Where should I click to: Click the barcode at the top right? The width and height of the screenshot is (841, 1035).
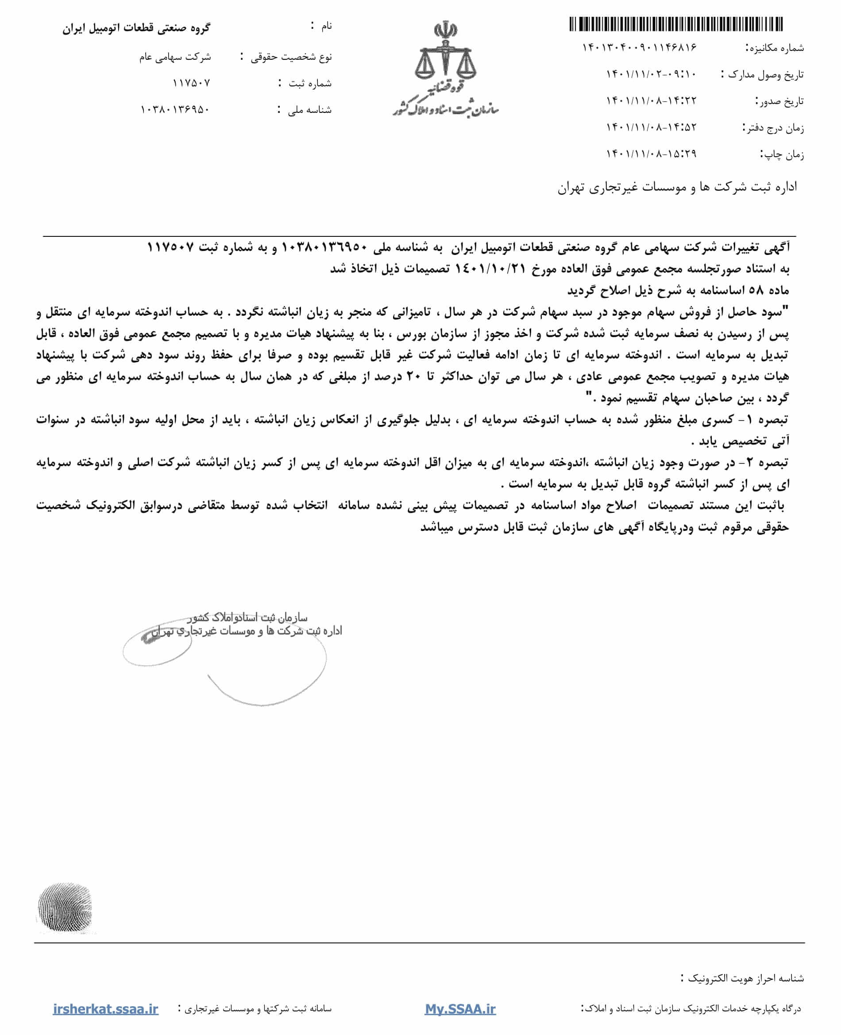pyautogui.click(x=676, y=24)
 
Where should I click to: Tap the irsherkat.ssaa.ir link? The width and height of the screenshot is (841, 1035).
pyautogui.click(x=106, y=1009)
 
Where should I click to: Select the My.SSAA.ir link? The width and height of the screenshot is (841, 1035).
pyautogui.click(x=460, y=1009)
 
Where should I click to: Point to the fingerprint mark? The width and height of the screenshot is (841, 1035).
pyautogui.click(x=65, y=908)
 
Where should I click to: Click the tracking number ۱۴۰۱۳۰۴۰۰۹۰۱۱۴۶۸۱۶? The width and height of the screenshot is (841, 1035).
pyautogui.click(x=639, y=47)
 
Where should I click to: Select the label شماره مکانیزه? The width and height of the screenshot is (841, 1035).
pyautogui.click(x=774, y=48)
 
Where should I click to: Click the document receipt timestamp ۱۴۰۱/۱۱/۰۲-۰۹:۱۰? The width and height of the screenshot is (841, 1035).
pyautogui.click(x=651, y=74)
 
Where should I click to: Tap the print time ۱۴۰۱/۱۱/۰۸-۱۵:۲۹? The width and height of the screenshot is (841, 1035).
pyautogui.click(x=651, y=154)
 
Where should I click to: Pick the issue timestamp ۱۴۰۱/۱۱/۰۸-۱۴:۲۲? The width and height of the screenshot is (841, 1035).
pyautogui.click(x=651, y=101)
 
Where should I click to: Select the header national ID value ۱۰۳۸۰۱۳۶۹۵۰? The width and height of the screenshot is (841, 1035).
pyautogui.click(x=175, y=109)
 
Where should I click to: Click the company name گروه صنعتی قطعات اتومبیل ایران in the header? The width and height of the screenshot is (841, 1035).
pyautogui.click(x=136, y=28)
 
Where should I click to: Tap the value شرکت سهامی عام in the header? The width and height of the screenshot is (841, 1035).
pyautogui.click(x=175, y=57)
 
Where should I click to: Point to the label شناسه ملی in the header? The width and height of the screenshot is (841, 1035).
pyautogui.click(x=309, y=110)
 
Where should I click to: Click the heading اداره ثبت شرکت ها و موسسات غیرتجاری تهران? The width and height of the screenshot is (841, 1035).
pyautogui.click(x=677, y=187)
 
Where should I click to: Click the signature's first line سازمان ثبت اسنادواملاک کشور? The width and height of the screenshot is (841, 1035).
pyautogui.click(x=247, y=618)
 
